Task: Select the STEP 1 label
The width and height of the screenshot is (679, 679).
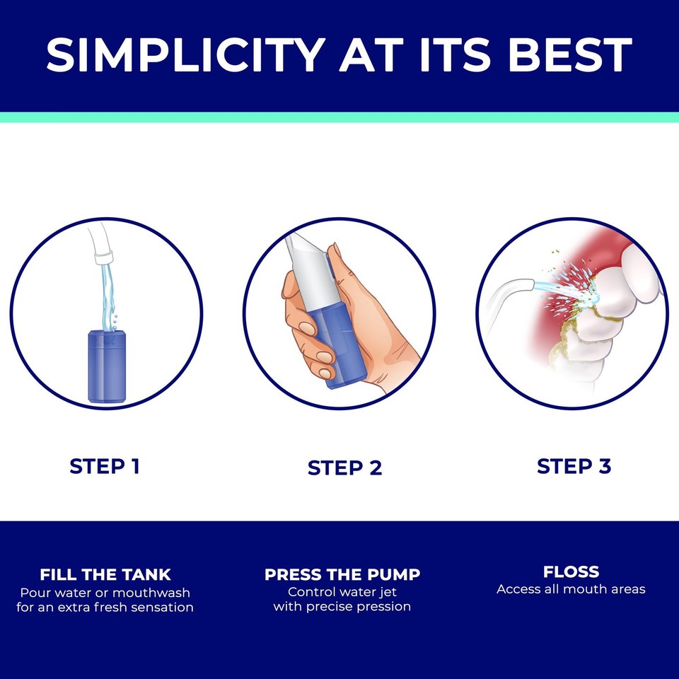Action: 105,466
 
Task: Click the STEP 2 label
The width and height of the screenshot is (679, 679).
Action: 344,468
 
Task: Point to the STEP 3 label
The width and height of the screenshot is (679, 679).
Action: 574,466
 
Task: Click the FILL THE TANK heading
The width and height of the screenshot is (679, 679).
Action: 105,574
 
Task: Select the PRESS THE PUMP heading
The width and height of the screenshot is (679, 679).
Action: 342,575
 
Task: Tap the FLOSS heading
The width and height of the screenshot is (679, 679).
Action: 571,571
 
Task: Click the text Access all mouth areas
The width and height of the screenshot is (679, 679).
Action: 571,589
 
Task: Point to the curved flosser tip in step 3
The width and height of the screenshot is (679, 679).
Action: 509,290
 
